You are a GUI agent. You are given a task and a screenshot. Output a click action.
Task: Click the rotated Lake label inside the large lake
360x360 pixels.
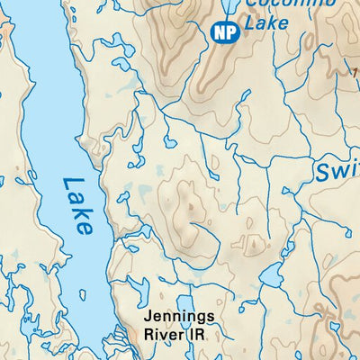pyautogui.click(x=78, y=206)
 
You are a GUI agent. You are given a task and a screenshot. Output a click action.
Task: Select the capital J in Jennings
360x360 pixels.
pyautogui.click(x=153, y=318)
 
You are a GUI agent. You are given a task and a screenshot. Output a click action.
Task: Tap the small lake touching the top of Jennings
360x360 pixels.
pyautogui.click(x=185, y=302)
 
